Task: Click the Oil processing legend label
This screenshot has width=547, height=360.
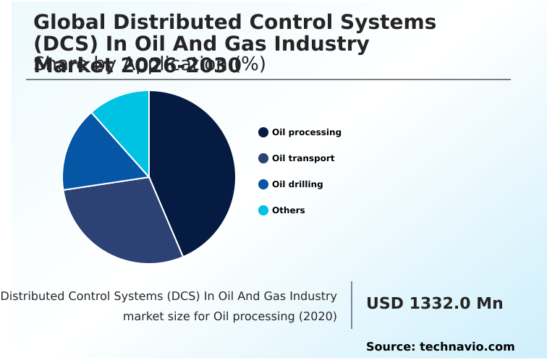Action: tap(306, 132)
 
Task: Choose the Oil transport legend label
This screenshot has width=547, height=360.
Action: tap(303, 158)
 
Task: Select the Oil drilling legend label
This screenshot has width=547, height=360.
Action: tap(297, 184)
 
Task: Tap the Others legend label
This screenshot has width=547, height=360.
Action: tap(288, 210)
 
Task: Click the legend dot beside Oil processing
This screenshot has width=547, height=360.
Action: tap(263, 132)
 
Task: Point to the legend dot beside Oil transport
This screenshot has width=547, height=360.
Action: tap(263, 158)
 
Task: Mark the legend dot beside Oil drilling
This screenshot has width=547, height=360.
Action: tap(263, 184)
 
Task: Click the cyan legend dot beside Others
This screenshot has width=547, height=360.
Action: tap(263, 210)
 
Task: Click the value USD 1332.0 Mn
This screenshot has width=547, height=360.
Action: tap(434, 304)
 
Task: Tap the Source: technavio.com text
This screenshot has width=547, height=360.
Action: tap(440, 347)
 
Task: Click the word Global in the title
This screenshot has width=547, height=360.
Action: tap(66, 22)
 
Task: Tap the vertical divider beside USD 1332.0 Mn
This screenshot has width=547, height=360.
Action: tap(352, 304)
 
